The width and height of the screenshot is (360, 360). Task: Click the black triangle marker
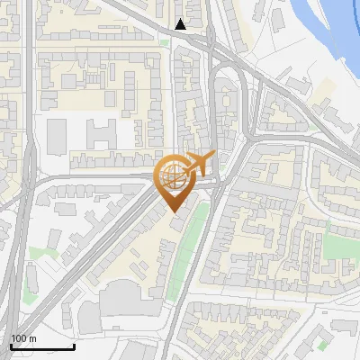pyautogui.click(x=182, y=24)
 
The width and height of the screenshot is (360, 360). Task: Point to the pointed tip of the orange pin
pyautogui.click(x=173, y=211)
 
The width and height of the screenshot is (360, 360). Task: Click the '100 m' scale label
pyautogui.click(x=23, y=338)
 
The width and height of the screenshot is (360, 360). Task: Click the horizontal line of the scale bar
pyautogui.click(x=41, y=346)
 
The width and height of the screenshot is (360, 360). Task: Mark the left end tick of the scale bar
pyautogui.click(x=10, y=346)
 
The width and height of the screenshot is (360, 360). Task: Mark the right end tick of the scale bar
pyautogui.click(x=74, y=346)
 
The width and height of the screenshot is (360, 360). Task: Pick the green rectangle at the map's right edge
pyautogui.click(x=339, y=245)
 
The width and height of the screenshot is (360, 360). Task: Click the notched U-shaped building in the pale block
pyautogui.click(x=101, y=135)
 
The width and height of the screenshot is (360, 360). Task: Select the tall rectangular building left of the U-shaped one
pyautogui.click(x=57, y=135)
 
